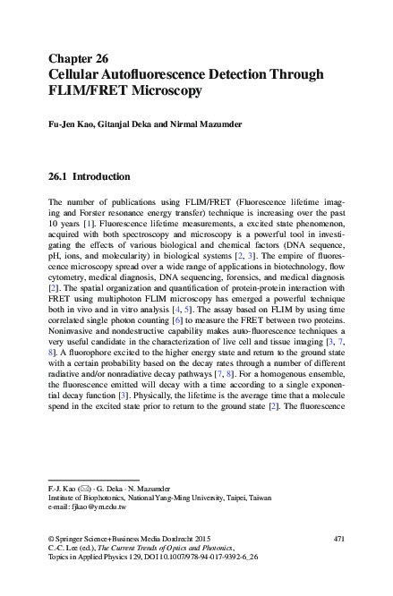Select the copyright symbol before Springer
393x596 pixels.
tap(51, 538)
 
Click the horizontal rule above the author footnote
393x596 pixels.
tap(81, 479)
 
